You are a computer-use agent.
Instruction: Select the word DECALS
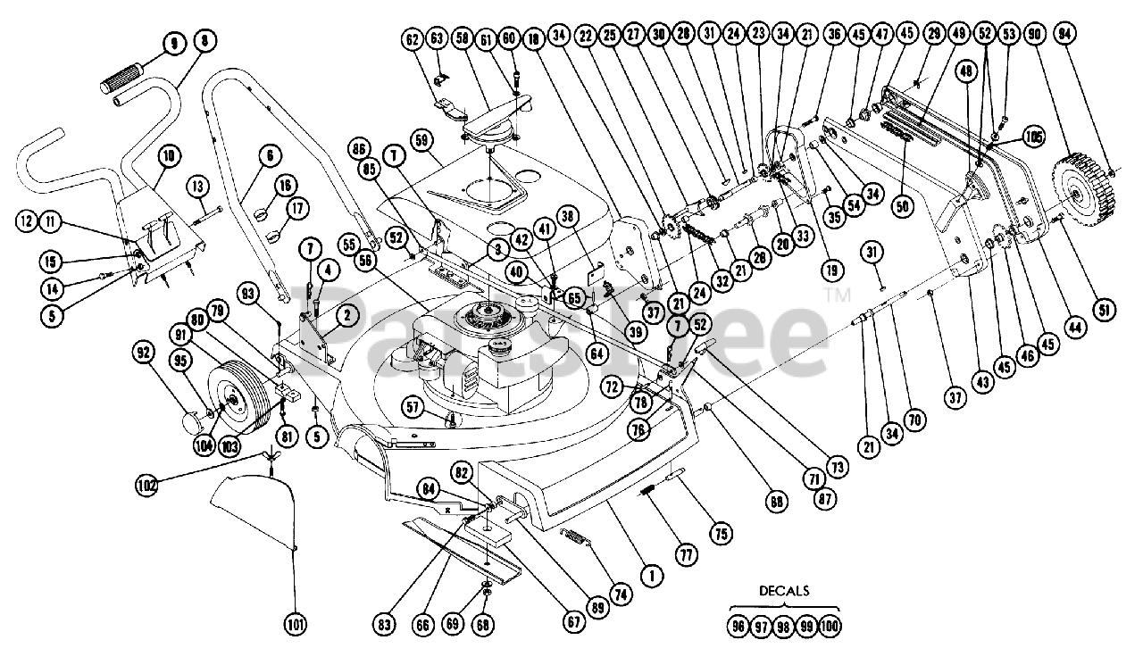[785, 591]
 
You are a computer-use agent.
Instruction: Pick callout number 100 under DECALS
[830, 626]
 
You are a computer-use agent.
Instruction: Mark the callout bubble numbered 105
[1034, 137]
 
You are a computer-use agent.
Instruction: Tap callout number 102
[146, 486]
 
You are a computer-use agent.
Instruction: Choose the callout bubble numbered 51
[1105, 310]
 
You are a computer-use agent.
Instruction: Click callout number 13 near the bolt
[197, 186]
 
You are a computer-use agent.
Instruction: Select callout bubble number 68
[483, 626]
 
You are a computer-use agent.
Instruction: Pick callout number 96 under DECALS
[737, 626]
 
